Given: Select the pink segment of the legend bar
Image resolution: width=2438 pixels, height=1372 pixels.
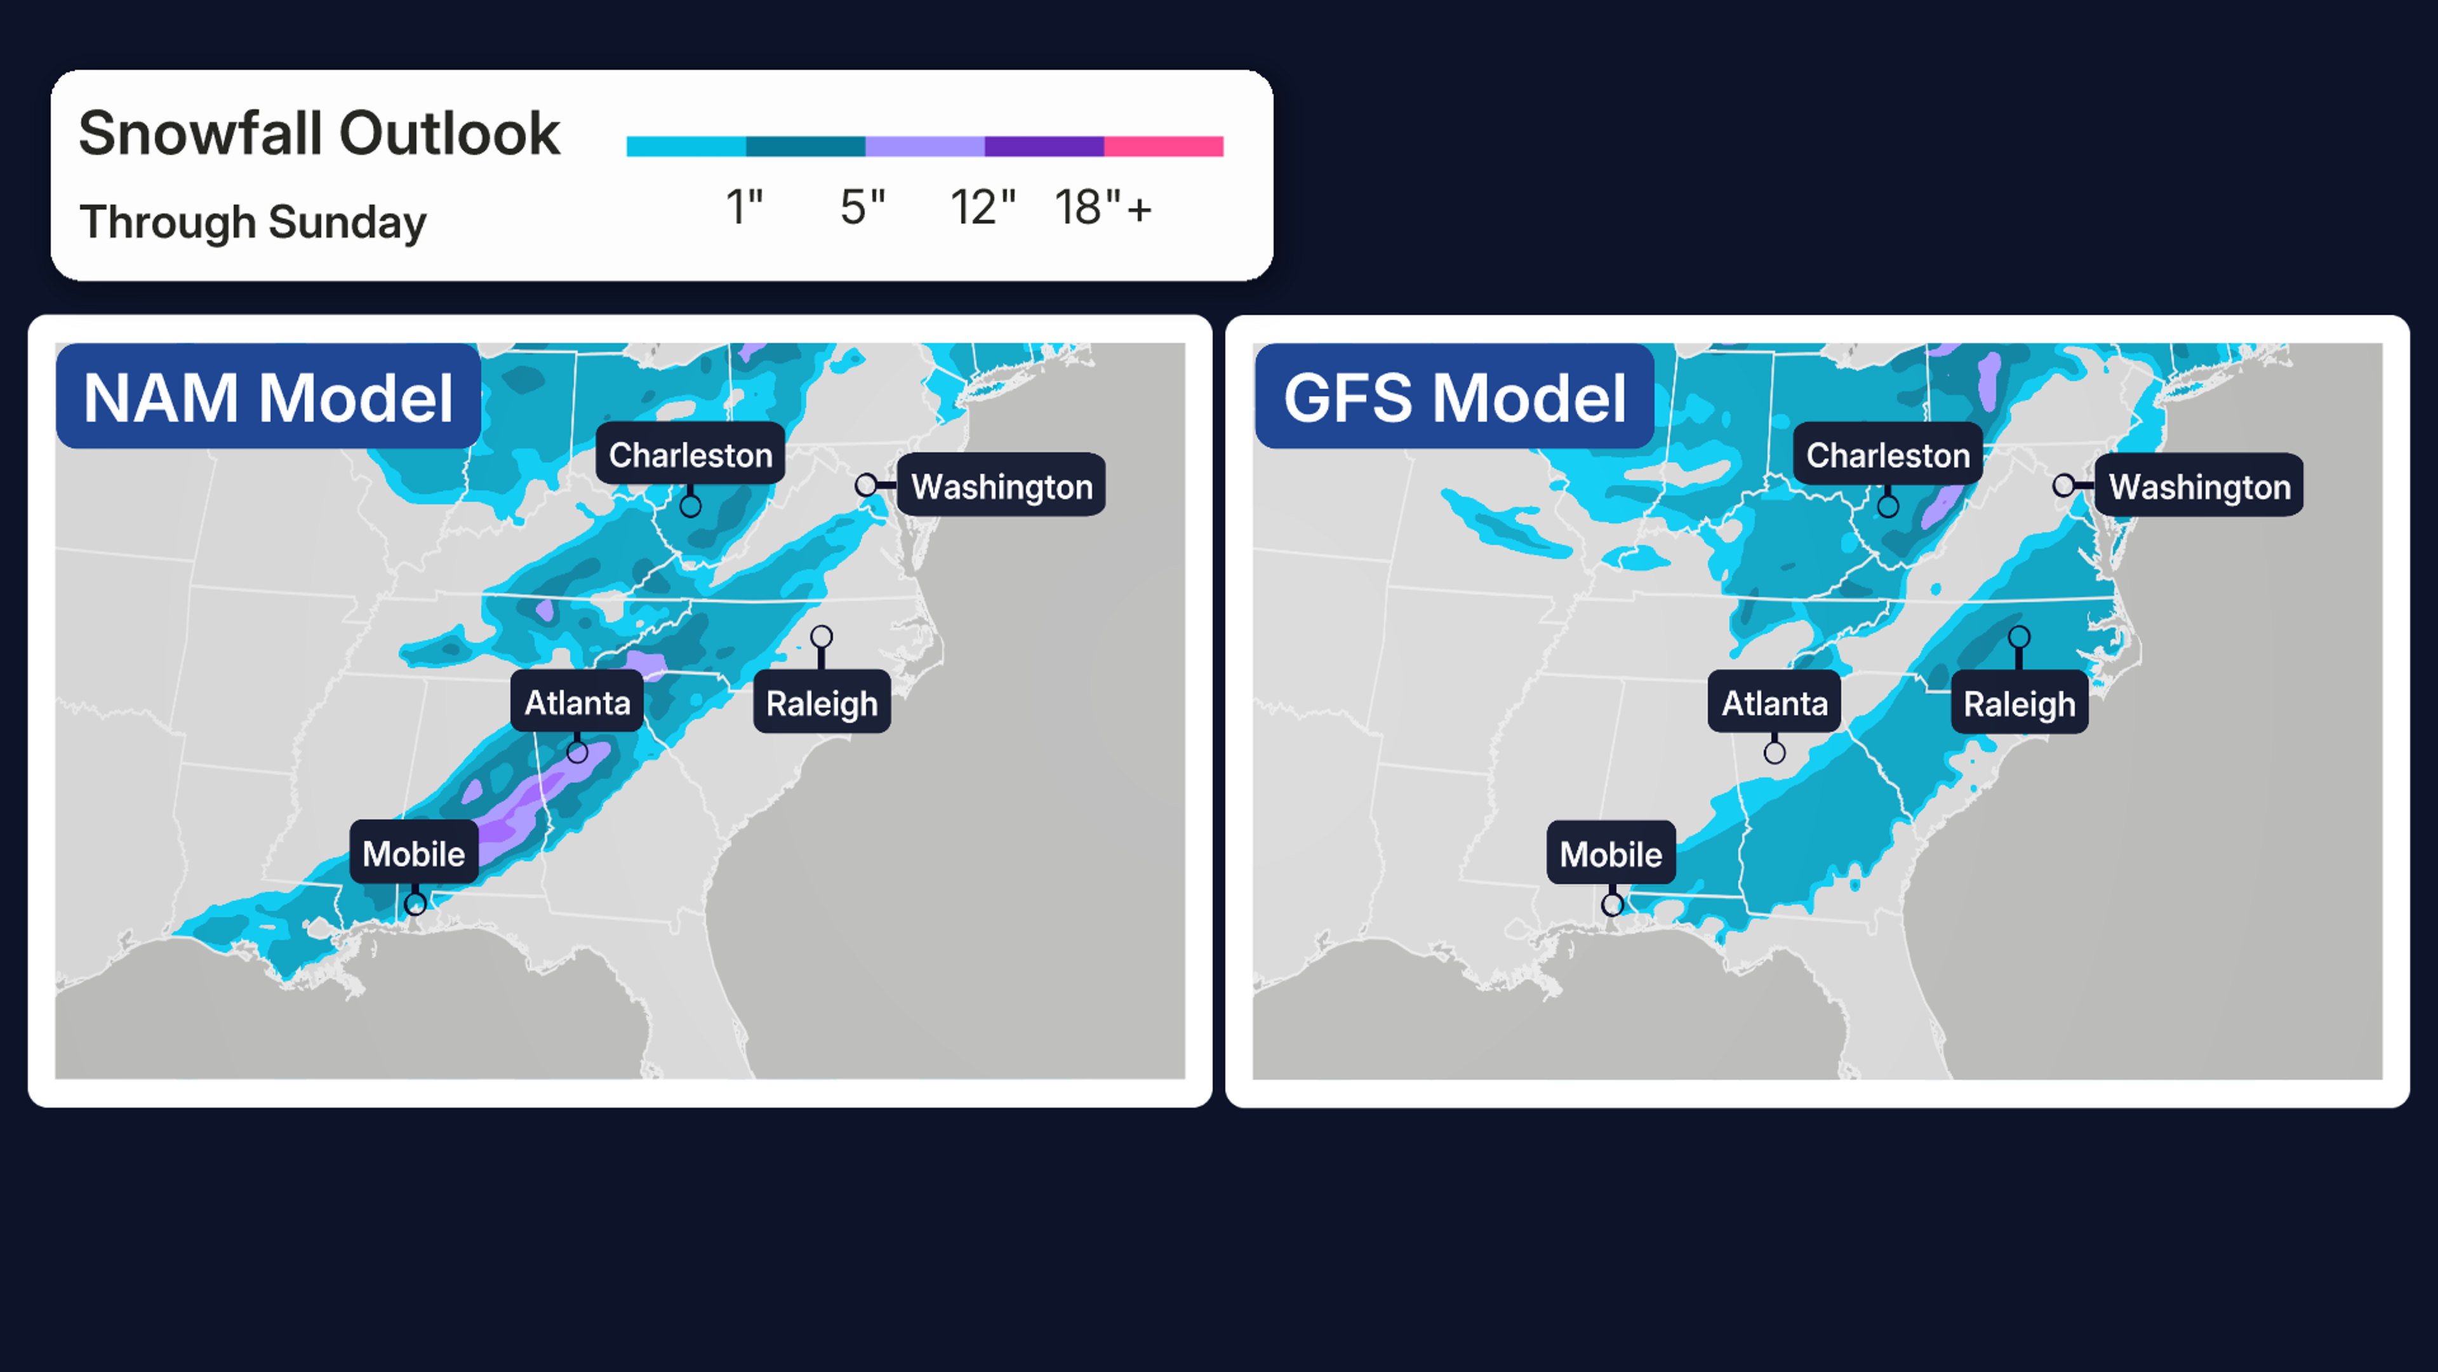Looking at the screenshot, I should [x=1163, y=146].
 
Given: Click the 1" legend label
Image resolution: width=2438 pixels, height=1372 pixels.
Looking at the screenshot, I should [x=744, y=207].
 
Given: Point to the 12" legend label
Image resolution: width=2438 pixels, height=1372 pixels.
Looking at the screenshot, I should [x=982, y=207].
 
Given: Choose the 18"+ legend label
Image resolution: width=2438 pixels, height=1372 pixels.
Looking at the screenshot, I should [x=1103, y=207].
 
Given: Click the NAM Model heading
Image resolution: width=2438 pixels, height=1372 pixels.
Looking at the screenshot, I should [x=269, y=398].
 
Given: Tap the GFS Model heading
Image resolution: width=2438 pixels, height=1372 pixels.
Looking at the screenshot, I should [x=1455, y=398].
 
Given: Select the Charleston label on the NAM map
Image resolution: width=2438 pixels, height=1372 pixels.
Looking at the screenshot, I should [x=690, y=455].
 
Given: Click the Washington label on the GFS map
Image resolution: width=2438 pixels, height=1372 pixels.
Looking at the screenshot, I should [x=2199, y=487].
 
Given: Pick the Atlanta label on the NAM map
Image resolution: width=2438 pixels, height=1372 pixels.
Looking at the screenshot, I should [x=577, y=703].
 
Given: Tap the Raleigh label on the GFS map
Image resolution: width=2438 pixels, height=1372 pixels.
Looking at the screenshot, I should [x=2020, y=704].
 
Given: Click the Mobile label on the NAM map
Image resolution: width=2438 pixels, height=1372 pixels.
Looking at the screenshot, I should [x=413, y=854].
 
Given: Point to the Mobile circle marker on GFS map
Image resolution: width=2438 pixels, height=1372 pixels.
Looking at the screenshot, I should [x=1613, y=905].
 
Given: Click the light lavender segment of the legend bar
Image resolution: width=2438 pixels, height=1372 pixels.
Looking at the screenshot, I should [x=924, y=146].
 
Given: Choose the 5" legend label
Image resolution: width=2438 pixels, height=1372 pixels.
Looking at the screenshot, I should [x=862, y=207].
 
